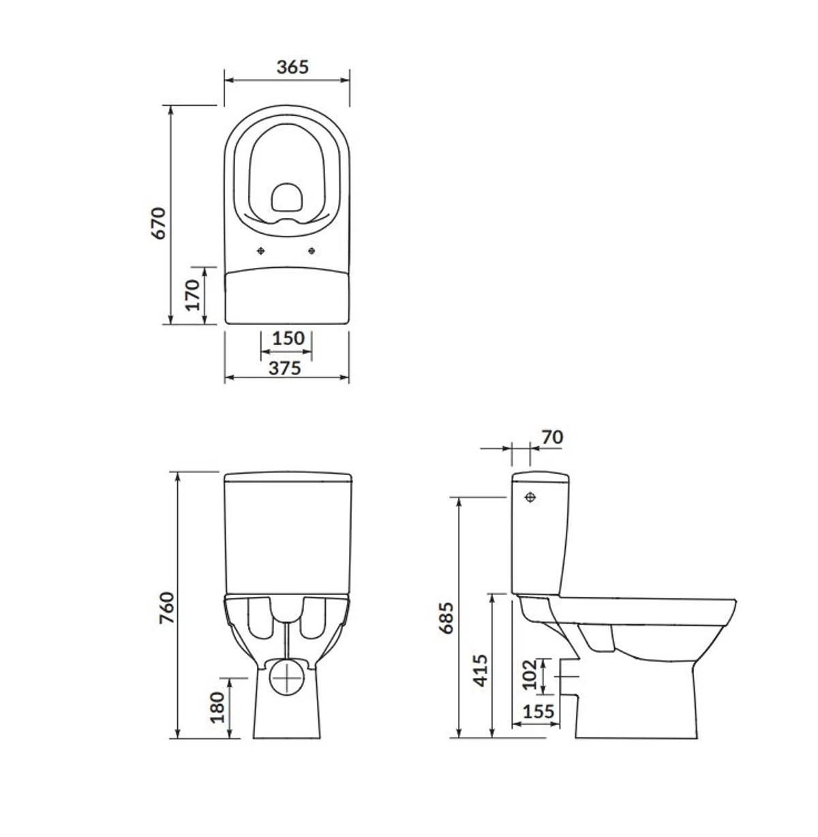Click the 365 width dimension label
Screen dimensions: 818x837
(x=292, y=67)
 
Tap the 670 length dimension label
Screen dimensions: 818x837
(x=159, y=224)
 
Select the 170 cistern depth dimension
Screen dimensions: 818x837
(x=192, y=295)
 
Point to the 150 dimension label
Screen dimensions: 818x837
(x=288, y=339)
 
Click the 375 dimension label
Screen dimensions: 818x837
(x=285, y=368)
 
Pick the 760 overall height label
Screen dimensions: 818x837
(x=167, y=608)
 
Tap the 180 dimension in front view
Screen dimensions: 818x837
(x=217, y=707)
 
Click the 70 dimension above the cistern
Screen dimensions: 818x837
(x=552, y=437)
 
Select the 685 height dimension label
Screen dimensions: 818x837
(x=446, y=618)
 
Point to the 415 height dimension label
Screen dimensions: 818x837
(x=481, y=671)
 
